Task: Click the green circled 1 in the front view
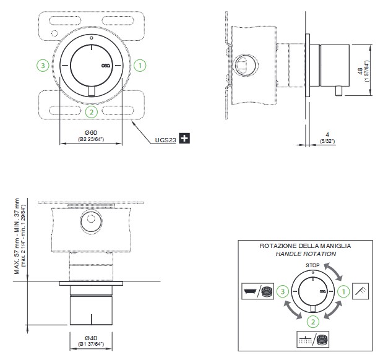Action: click(140, 64)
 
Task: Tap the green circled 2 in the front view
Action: click(91, 112)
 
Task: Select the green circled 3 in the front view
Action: click(42, 64)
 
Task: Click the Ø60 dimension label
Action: click(90, 133)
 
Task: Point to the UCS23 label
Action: click(165, 140)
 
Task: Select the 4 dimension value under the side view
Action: click(327, 134)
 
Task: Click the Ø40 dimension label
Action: click(91, 338)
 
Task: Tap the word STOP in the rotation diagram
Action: click(313, 265)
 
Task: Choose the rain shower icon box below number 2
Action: click(313, 338)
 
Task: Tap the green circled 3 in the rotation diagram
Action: click(282, 291)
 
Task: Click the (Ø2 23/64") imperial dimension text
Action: click(90, 140)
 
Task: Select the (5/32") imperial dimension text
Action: click(327, 141)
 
